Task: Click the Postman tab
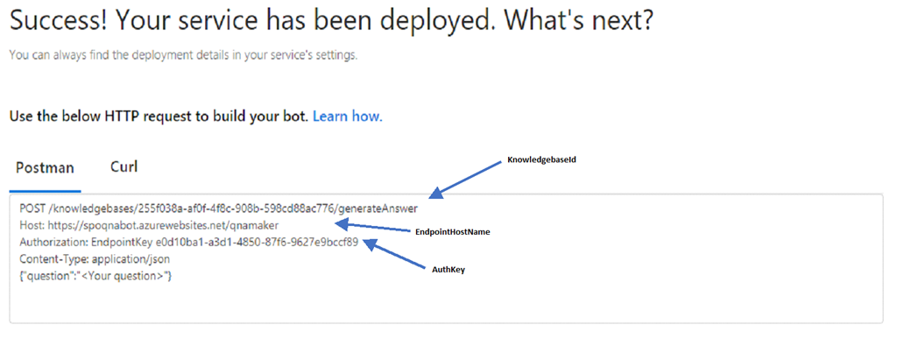(x=46, y=168)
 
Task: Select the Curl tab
(x=124, y=167)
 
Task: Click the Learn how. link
(x=347, y=116)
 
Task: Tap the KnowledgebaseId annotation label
(x=540, y=161)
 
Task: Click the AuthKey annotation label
(x=448, y=269)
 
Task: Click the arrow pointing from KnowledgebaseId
(x=466, y=180)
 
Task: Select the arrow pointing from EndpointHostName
(x=375, y=226)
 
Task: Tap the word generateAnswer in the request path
(x=382, y=208)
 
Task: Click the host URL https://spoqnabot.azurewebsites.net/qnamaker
(x=163, y=225)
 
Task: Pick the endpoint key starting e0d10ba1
(x=257, y=242)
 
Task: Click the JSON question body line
(x=95, y=276)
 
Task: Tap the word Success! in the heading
(x=58, y=21)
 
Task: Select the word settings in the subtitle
(x=339, y=56)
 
